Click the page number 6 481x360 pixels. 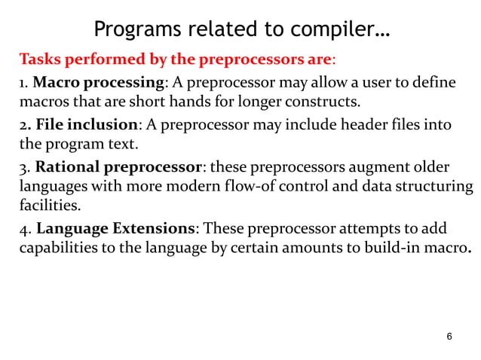tap(449, 336)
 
